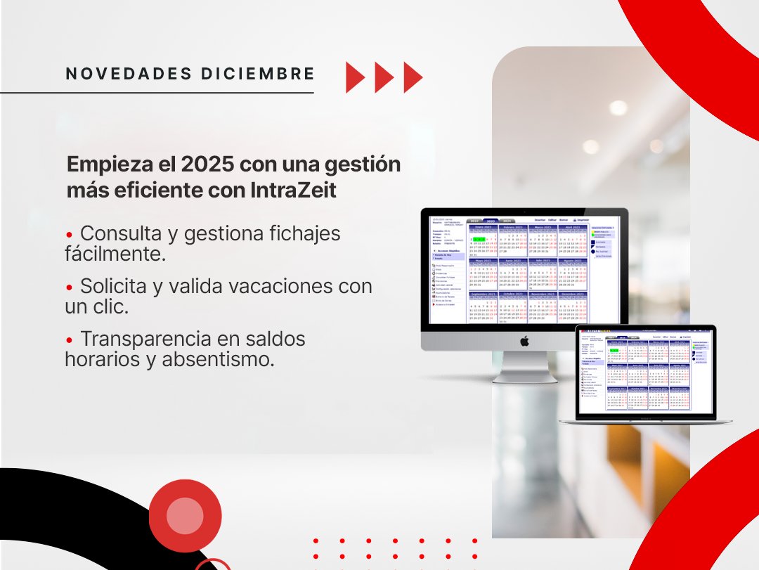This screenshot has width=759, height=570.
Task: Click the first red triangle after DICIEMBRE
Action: pos(355,77)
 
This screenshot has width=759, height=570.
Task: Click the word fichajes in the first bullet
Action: pos(305,233)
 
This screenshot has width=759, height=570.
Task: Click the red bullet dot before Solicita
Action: pos(69,287)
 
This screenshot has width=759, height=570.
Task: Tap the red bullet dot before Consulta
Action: pos(69,234)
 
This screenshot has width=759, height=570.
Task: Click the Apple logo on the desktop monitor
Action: pos(524,341)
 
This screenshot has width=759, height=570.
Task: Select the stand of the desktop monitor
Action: pos(524,368)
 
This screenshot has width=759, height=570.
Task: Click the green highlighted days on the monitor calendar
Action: pos(479,239)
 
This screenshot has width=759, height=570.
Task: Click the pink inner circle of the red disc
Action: pos(185,515)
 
